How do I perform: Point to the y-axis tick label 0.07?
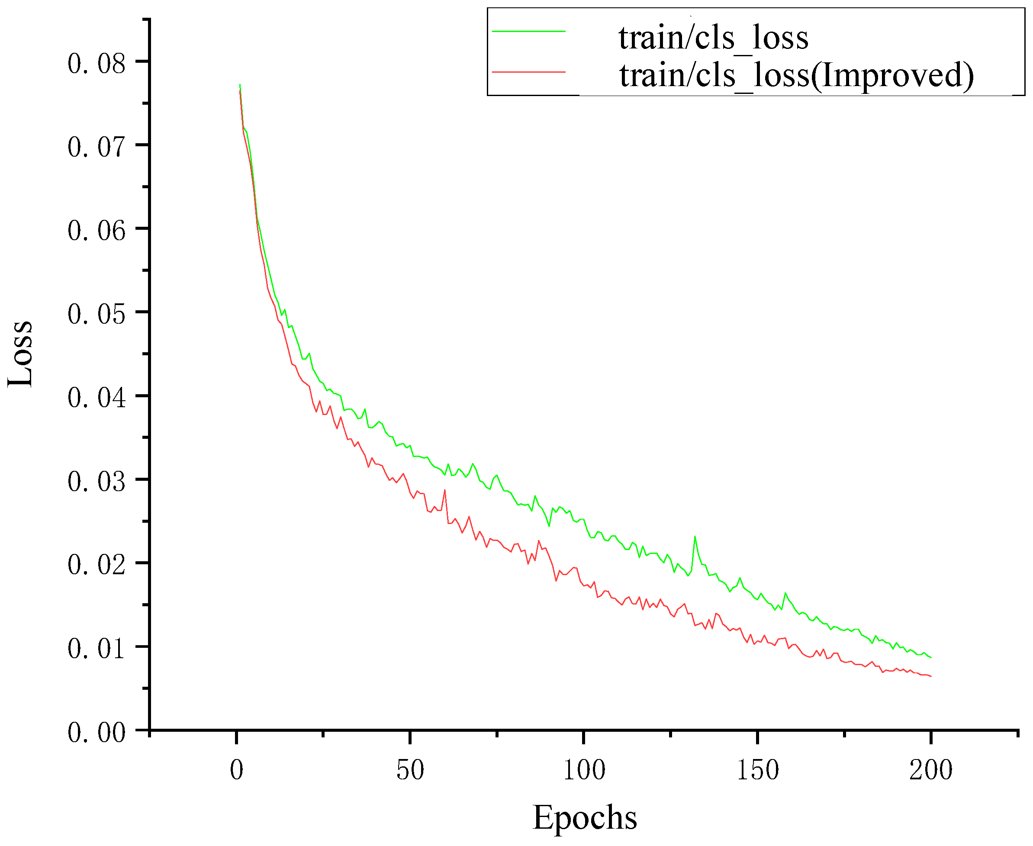click(x=97, y=147)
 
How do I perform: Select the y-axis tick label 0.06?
click(x=97, y=231)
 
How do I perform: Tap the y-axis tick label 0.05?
click(x=97, y=314)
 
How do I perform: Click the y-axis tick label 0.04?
click(x=97, y=398)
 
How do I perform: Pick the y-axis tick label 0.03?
click(x=97, y=482)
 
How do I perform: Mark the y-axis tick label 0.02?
click(x=97, y=565)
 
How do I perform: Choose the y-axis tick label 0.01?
click(x=97, y=649)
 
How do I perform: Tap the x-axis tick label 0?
click(x=236, y=770)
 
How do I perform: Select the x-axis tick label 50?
click(x=410, y=770)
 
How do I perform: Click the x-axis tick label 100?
click(x=584, y=770)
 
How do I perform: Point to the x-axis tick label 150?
click(x=757, y=770)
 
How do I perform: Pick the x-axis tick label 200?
click(x=931, y=770)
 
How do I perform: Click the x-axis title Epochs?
click(x=585, y=817)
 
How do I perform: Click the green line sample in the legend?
click(x=529, y=32)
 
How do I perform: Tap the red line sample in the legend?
click(x=529, y=72)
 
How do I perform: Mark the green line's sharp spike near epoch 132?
click(x=695, y=537)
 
